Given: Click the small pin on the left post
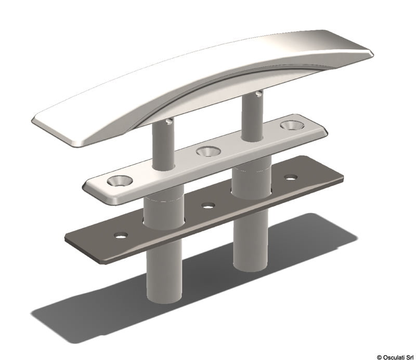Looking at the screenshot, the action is pyautogui.click(x=169, y=121).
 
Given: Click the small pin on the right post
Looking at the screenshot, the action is pyautogui.click(x=259, y=93).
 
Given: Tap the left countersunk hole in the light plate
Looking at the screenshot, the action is pyautogui.click(x=120, y=181).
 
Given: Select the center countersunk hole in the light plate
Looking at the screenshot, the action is pyautogui.click(x=209, y=151).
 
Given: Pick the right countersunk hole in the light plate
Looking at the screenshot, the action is pyautogui.click(x=292, y=125).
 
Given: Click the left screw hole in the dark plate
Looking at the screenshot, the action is pyautogui.click(x=121, y=235).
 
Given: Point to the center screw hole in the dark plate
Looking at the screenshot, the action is pyautogui.click(x=208, y=205).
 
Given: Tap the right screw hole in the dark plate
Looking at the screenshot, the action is pyautogui.click(x=291, y=177).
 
